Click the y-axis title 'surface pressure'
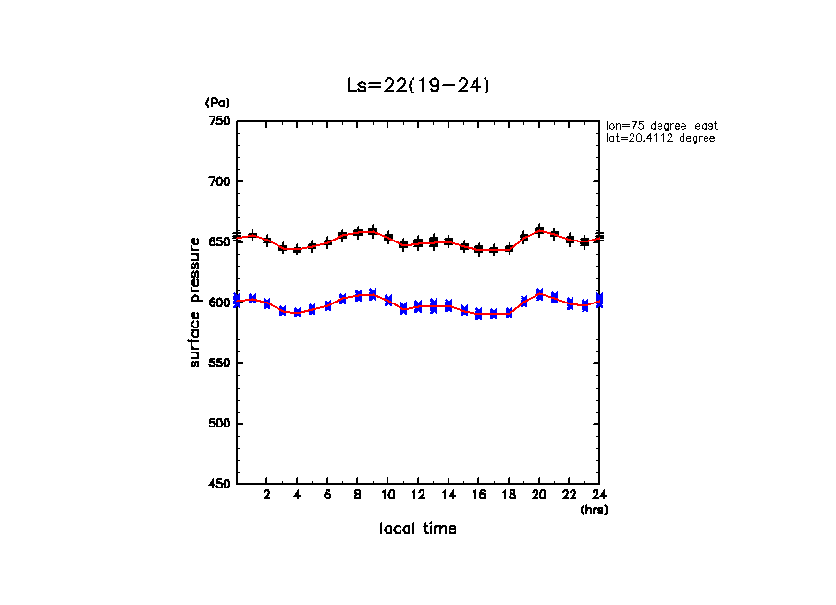(195, 302)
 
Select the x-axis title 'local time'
(417, 528)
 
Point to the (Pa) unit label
(217, 103)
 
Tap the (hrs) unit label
(593, 509)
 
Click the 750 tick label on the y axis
(218, 121)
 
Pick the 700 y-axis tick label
(218, 181)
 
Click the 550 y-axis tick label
(218, 363)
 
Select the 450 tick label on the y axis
(218, 484)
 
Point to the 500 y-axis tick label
(218, 424)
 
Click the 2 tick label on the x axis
(266, 495)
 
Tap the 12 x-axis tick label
(418, 495)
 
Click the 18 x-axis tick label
(509, 495)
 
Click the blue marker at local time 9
(373, 294)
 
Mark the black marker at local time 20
(539, 230)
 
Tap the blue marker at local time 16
(478, 314)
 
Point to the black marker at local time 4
(297, 249)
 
